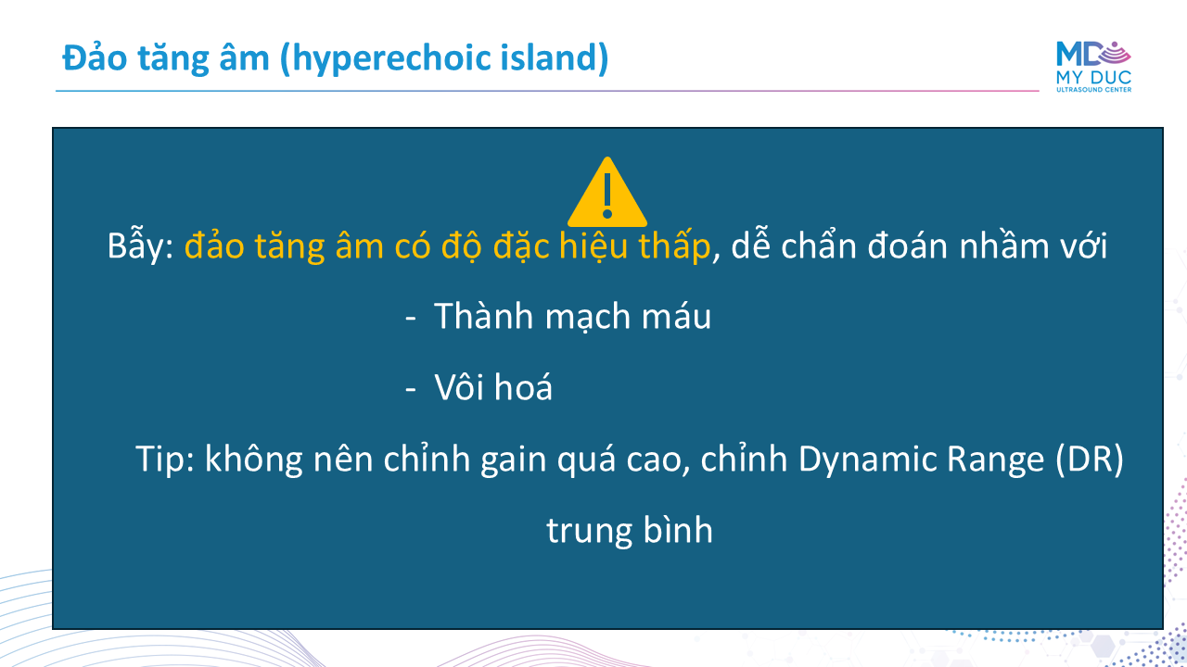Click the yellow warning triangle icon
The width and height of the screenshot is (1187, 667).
click(x=607, y=193)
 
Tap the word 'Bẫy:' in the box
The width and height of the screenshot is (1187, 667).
click(x=140, y=245)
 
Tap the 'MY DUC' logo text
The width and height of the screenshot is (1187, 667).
click(x=1093, y=77)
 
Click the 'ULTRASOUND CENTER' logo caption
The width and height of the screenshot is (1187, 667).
click(x=1093, y=90)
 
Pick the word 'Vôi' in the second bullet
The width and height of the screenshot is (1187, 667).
click(x=459, y=387)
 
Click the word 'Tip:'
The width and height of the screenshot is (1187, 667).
click(x=165, y=459)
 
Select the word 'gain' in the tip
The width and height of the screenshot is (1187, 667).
click(x=514, y=459)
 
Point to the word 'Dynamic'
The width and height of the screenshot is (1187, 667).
click(x=867, y=459)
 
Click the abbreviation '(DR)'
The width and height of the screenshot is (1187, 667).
click(x=1090, y=459)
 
